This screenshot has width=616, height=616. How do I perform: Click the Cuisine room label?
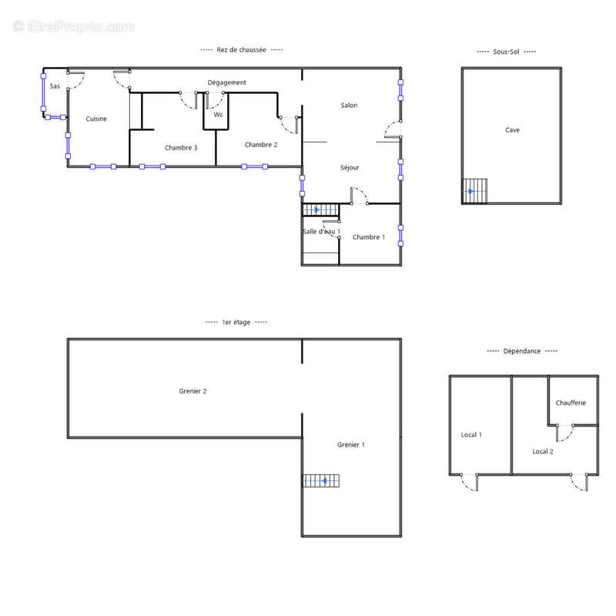pyautogui.click(x=96, y=119)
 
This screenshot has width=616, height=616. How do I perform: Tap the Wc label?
pyautogui.click(x=219, y=114)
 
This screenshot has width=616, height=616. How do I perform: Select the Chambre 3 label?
pyautogui.click(x=181, y=148)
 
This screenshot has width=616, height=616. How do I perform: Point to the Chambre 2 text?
pyautogui.click(x=261, y=145)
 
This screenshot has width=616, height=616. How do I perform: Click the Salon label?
pyautogui.click(x=350, y=105)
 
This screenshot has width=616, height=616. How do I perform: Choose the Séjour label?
pyautogui.click(x=350, y=168)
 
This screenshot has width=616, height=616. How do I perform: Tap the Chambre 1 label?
pyautogui.click(x=369, y=237)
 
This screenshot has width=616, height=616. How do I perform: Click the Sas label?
pyautogui.click(x=55, y=86)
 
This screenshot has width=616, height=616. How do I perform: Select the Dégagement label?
pyautogui.click(x=226, y=82)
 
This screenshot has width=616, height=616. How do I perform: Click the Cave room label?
pyautogui.click(x=512, y=130)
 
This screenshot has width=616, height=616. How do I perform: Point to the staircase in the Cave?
pyautogui.click(x=474, y=191)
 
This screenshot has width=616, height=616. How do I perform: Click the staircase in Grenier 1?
pyautogui.click(x=320, y=480)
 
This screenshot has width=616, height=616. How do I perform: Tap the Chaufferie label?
pyautogui.click(x=571, y=403)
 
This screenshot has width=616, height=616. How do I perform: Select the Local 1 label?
pyautogui.click(x=471, y=434)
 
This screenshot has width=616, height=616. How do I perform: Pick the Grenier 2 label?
pyautogui.click(x=192, y=391)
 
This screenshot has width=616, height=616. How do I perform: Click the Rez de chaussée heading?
pyautogui.click(x=241, y=50)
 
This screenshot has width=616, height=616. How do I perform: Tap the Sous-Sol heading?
pyautogui.click(x=506, y=52)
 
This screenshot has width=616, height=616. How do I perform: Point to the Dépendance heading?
pyautogui.click(x=522, y=351)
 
